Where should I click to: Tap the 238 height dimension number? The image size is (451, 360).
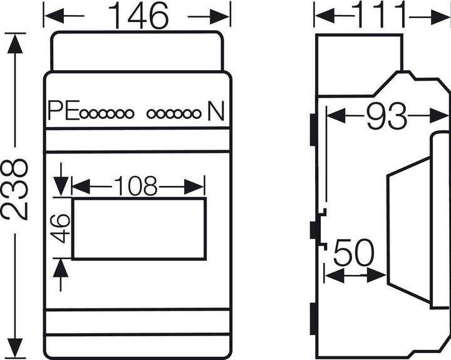[x=14, y=188]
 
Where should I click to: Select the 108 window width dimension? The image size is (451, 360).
[x=135, y=186]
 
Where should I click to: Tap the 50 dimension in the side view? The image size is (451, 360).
[x=353, y=254]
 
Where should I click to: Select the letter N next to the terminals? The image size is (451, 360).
[x=215, y=113]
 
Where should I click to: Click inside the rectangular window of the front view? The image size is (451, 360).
[x=138, y=229]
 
